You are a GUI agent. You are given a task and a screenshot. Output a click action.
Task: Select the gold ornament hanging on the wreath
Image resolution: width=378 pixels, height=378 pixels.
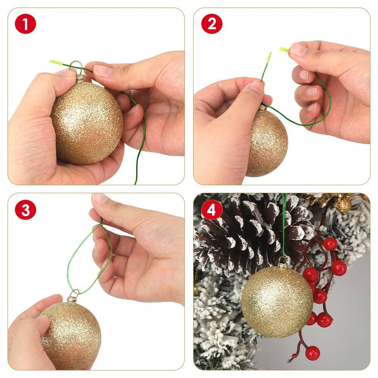277,301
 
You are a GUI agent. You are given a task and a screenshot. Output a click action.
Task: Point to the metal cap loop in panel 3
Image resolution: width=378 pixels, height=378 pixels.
74,292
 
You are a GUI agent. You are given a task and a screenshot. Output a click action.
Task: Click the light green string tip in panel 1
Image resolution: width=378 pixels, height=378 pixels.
54,62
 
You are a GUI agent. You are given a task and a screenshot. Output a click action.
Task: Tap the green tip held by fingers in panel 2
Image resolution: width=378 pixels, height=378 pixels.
284,49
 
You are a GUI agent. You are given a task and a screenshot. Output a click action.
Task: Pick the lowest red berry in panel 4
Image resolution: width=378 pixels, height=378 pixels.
312,353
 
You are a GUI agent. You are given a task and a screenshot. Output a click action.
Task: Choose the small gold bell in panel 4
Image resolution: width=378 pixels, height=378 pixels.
343,204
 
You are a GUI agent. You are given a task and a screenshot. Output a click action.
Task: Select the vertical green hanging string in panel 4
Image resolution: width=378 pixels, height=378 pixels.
283,227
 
